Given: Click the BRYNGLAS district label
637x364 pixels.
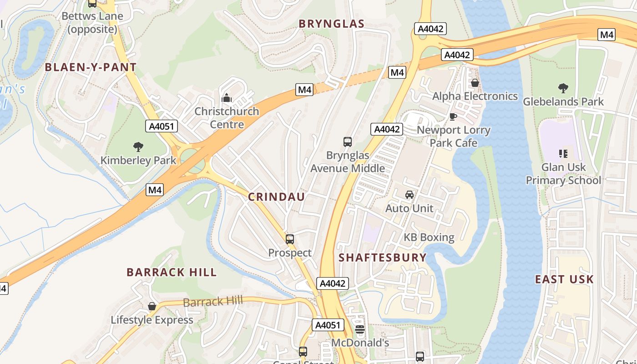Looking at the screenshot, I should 331,24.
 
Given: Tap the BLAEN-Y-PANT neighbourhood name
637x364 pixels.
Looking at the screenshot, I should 91,67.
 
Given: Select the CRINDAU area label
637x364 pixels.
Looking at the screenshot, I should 276,197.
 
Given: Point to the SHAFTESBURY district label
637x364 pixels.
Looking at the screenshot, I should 383,258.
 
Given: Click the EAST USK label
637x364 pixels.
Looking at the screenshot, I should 564,279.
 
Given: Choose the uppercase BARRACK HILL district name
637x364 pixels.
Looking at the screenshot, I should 172,272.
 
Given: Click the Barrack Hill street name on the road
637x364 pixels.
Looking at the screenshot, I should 212,301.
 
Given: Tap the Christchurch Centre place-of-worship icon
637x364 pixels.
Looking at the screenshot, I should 226,98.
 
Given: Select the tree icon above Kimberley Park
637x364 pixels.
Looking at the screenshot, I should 138,147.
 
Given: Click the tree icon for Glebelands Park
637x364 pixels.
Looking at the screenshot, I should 563,88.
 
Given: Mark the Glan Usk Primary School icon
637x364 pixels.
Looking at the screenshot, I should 563,154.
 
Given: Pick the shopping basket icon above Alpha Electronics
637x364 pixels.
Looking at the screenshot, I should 475,83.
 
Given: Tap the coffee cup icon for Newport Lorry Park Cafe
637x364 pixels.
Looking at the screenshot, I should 453,116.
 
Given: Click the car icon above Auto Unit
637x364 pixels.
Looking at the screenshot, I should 409,195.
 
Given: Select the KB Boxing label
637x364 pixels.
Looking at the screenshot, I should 429,238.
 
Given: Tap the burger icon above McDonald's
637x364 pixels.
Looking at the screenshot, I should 360,329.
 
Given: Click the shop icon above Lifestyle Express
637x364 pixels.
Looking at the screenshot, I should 152,306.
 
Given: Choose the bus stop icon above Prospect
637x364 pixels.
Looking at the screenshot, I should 290,239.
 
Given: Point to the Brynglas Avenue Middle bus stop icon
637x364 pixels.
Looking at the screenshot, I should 348,142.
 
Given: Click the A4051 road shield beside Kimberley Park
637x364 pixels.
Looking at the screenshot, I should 161,126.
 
